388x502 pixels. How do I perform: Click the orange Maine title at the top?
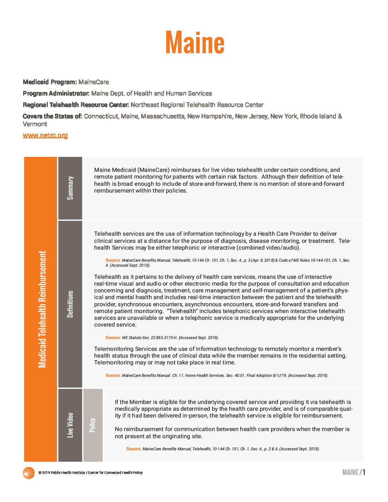[195, 42]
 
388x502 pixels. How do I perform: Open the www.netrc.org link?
[45, 135]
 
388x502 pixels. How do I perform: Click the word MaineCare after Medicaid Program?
[93, 82]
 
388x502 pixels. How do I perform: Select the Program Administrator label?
[56, 93]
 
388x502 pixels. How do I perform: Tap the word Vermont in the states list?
[35, 124]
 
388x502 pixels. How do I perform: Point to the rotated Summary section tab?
[70, 188]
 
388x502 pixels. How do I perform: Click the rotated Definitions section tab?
[70, 304]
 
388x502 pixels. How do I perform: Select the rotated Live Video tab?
[70, 425]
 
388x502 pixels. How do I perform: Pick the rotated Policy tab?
[93, 425]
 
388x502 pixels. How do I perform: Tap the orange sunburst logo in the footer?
[29, 473]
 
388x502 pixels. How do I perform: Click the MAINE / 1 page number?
[353, 472]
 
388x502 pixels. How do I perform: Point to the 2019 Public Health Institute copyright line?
[91, 473]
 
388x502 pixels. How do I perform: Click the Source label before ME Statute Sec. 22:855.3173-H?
[113, 338]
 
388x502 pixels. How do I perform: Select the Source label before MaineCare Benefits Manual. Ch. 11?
[113, 375]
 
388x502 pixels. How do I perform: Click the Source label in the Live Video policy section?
[134, 449]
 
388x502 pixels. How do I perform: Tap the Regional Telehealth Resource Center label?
[76, 105]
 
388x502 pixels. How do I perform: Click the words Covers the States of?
[52, 116]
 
